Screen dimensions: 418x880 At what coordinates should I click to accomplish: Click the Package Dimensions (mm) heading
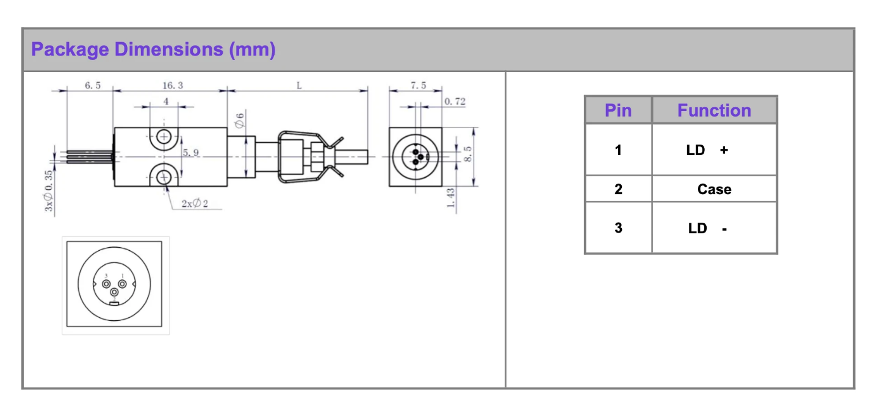(x=153, y=49)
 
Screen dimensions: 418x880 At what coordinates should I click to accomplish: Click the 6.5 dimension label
(x=93, y=86)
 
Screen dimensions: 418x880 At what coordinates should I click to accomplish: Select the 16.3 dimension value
(x=173, y=86)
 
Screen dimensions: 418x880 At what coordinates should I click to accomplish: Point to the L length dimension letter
(x=299, y=86)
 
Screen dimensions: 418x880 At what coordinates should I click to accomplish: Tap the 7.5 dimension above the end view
(x=419, y=86)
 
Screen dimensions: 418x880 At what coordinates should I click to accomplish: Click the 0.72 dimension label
(x=455, y=102)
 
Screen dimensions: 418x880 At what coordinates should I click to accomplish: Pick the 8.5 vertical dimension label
(x=468, y=154)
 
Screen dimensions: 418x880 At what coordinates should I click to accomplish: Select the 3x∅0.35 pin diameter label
(x=49, y=191)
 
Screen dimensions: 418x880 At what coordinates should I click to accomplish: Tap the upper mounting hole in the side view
(x=163, y=136)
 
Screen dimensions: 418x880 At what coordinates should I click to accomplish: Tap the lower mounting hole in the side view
(x=163, y=178)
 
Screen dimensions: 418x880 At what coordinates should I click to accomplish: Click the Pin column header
(x=618, y=110)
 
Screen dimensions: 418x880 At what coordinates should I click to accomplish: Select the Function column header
(x=714, y=110)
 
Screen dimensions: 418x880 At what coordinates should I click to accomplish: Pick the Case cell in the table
(x=714, y=189)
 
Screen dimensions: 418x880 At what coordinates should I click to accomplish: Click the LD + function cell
(x=707, y=150)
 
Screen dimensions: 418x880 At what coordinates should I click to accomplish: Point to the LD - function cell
(x=707, y=228)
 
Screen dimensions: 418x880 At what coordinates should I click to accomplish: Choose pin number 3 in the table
(x=618, y=228)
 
